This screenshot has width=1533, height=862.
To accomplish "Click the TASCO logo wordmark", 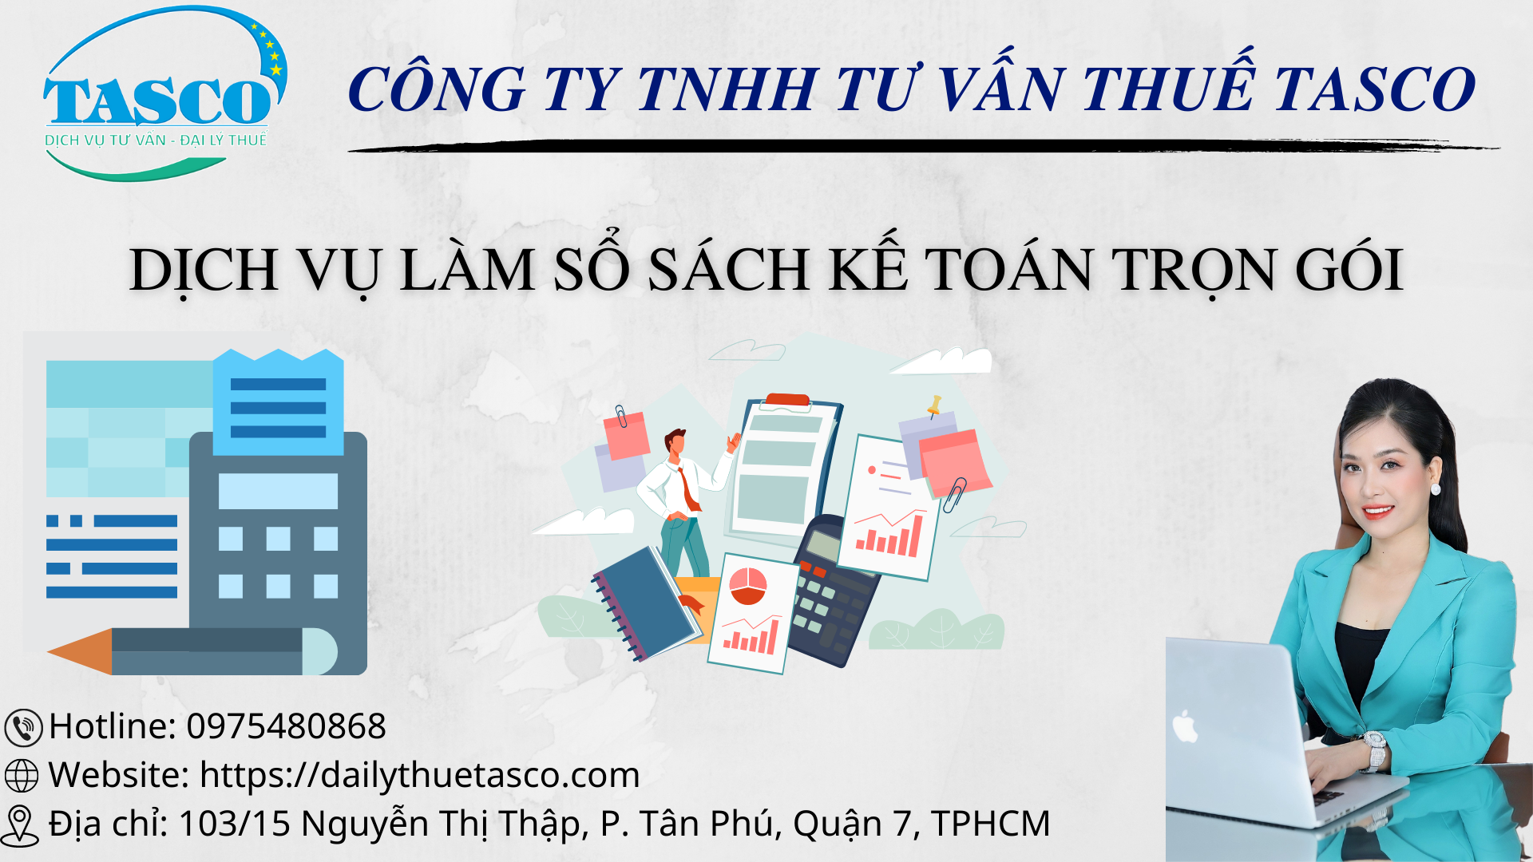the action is pyautogui.click(x=158, y=101).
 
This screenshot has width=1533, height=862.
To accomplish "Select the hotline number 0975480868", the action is pyautogui.click(x=286, y=726).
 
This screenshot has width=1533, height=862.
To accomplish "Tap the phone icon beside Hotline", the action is pyautogui.click(x=23, y=728).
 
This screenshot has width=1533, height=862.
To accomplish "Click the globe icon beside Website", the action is pyautogui.click(x=22, y=776).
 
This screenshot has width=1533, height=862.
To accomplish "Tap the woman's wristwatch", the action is pyautogui.click(x=1376, y=751).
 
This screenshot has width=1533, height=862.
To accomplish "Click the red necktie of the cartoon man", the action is pyautogui.click(x=688, y=488).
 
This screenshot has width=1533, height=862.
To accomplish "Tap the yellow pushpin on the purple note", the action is pyautogui.click(x=933, y=405).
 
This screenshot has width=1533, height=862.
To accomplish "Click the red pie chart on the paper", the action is pyautogui.click(x=748, y=586).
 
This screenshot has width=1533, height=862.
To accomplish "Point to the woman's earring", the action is pyautogui.click(x=1436, y=488).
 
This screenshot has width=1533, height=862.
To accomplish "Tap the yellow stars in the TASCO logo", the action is pyautogui.click(x=269, y=49).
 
